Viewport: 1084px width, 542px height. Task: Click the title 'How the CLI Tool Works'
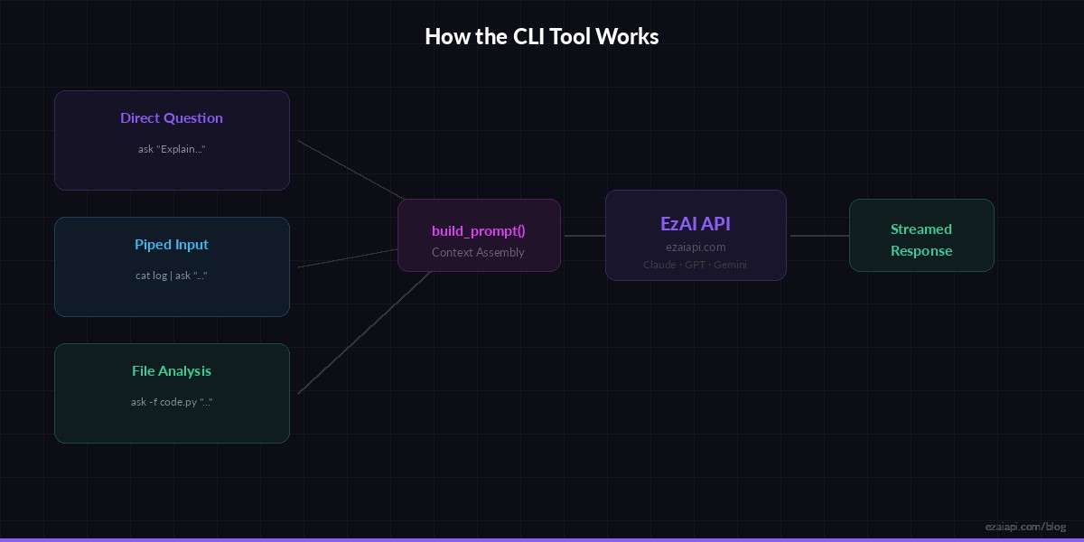pos(541,37)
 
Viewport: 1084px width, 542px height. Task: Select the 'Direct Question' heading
pos(172,118)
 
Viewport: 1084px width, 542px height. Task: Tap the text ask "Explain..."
pos(172,149)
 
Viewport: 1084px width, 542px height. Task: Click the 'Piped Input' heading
pos(172,245)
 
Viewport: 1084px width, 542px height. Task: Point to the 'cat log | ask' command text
pos(172,276)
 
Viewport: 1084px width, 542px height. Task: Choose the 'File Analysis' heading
pos(172,371)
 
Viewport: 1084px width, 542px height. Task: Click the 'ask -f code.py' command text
pos(172,402)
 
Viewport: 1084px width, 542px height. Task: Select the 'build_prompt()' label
pos(479,230)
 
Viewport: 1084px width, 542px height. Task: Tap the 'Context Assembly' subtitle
pos(478,253)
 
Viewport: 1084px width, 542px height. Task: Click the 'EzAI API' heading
pos(696,224)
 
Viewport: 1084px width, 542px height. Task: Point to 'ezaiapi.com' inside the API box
pos(696,247)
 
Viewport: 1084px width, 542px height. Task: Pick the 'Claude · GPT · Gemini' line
pos(696,265)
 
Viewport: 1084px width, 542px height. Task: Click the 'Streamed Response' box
pos(921,239)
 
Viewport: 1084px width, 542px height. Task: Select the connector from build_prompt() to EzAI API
pos(584,236)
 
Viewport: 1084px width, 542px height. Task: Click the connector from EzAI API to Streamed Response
pos(818,236)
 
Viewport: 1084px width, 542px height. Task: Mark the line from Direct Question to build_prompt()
pos(350,170)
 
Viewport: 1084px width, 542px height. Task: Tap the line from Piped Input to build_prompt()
pos(348,258)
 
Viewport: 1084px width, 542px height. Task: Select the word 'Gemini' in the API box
pos(730,265)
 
